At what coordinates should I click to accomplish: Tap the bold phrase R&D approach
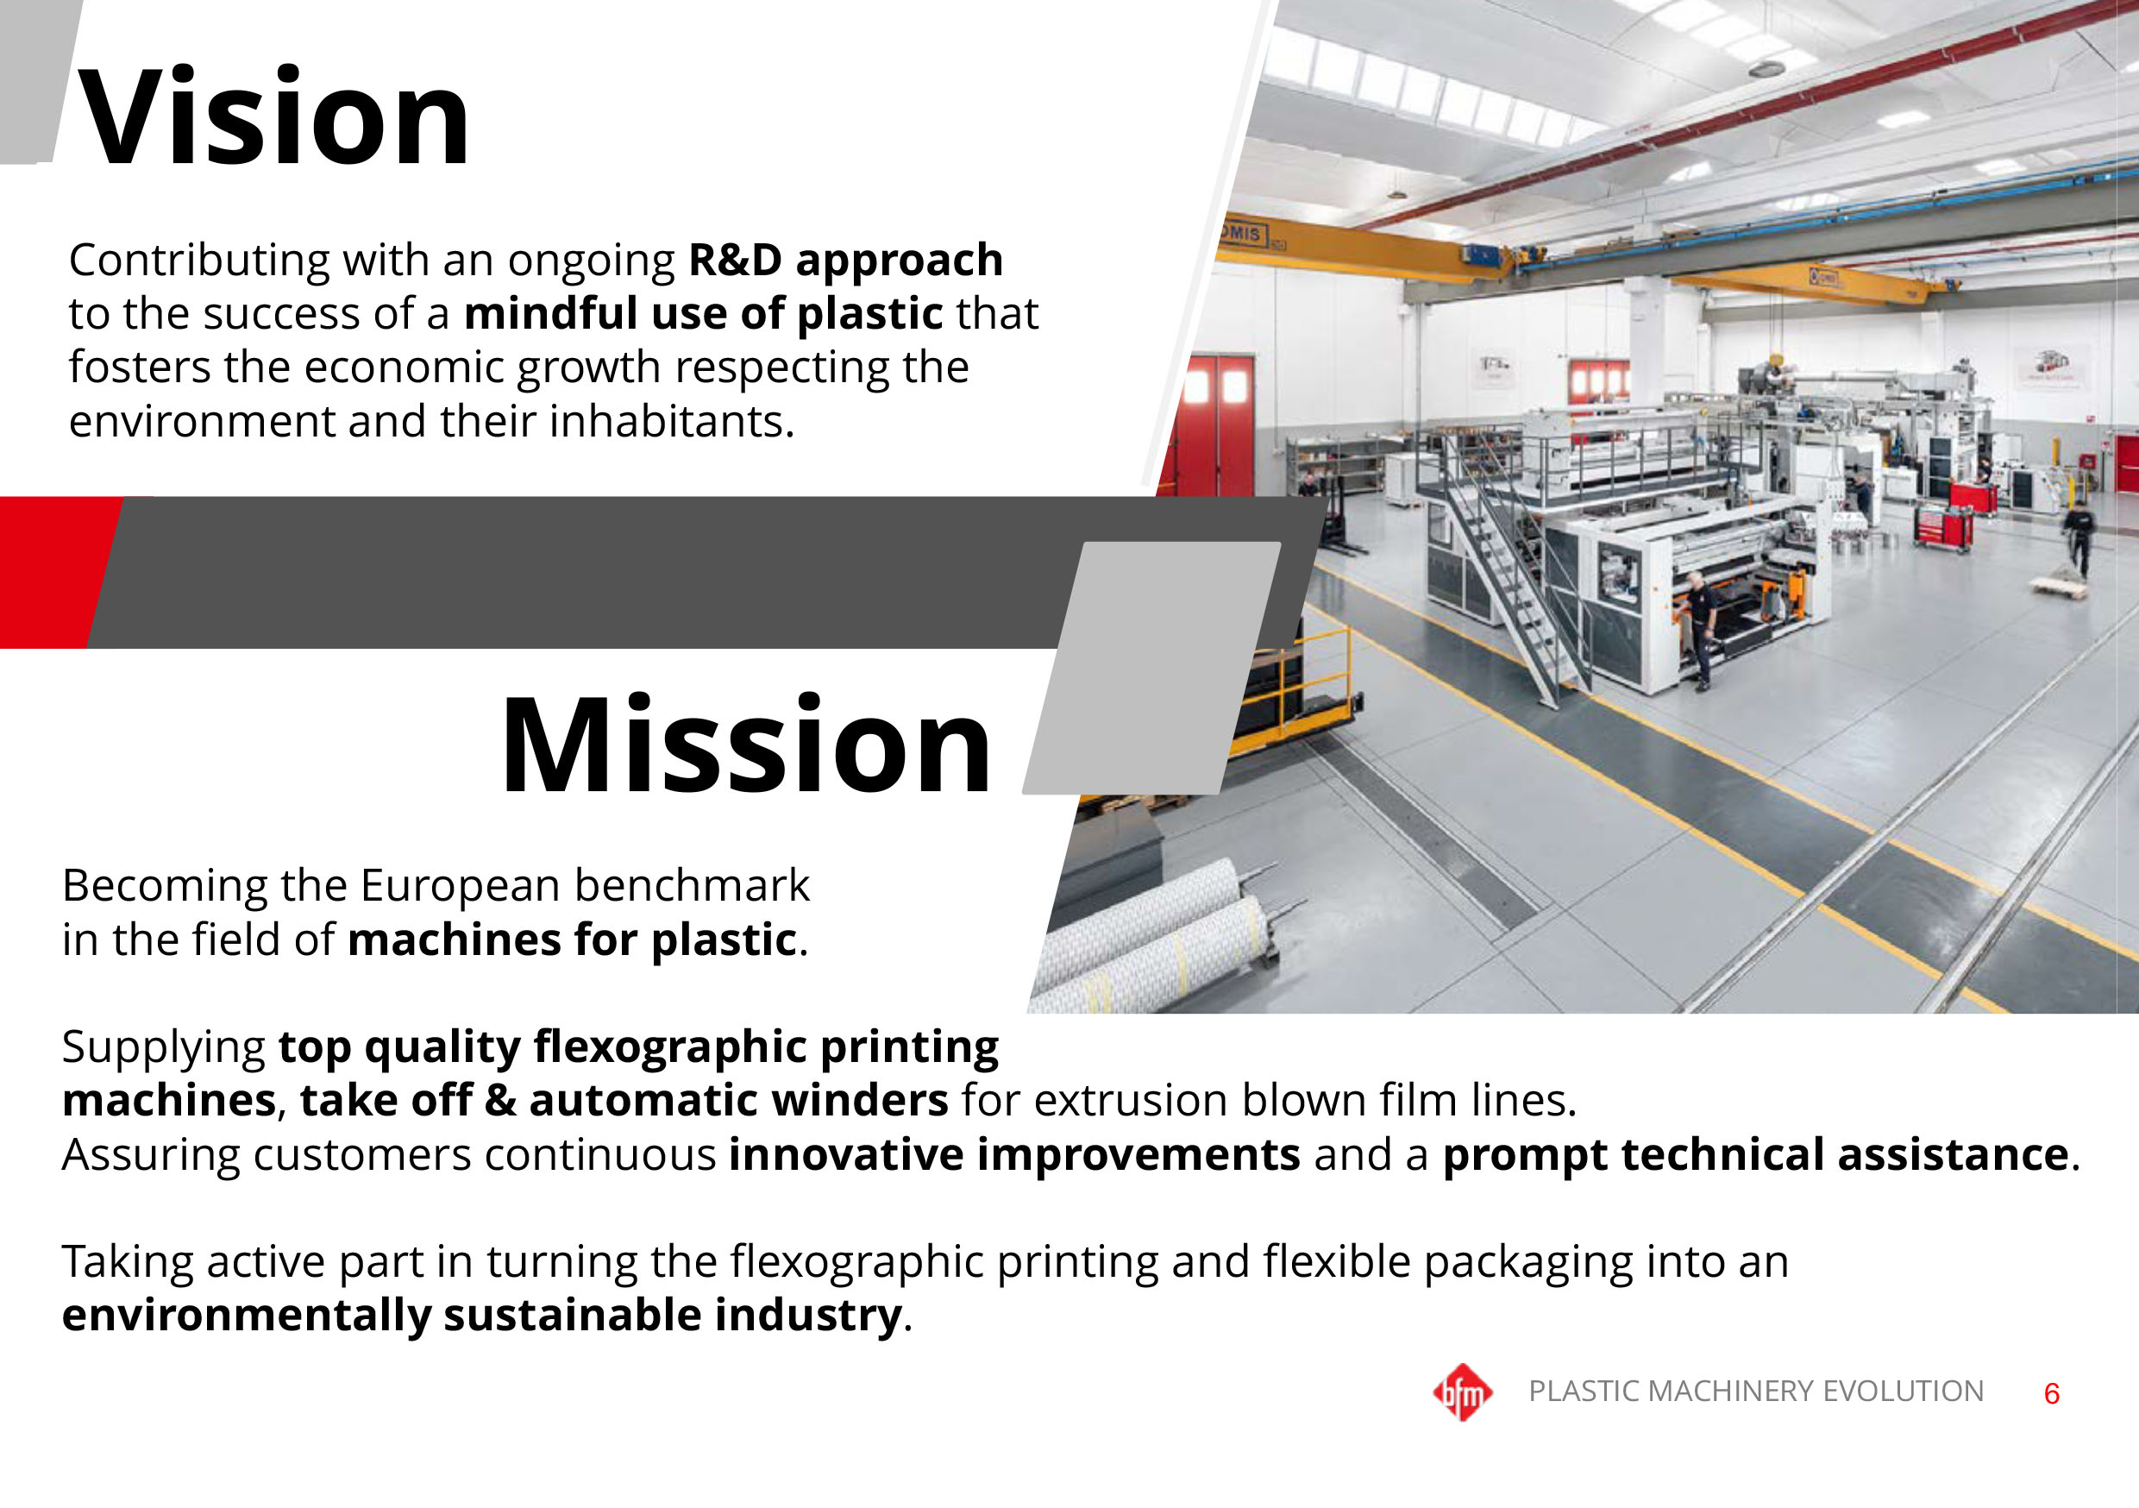845,260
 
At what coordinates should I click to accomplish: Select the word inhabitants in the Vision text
671,421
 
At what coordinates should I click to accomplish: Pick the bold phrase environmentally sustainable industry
481,1316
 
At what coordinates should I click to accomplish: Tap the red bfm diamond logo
1463,1392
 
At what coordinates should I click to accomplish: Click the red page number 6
2051,1394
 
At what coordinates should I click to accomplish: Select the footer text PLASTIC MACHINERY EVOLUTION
1756,1391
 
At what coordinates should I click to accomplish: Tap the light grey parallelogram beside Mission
1151,669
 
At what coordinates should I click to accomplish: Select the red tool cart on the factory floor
1942,529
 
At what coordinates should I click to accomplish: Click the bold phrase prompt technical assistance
1755,1156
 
